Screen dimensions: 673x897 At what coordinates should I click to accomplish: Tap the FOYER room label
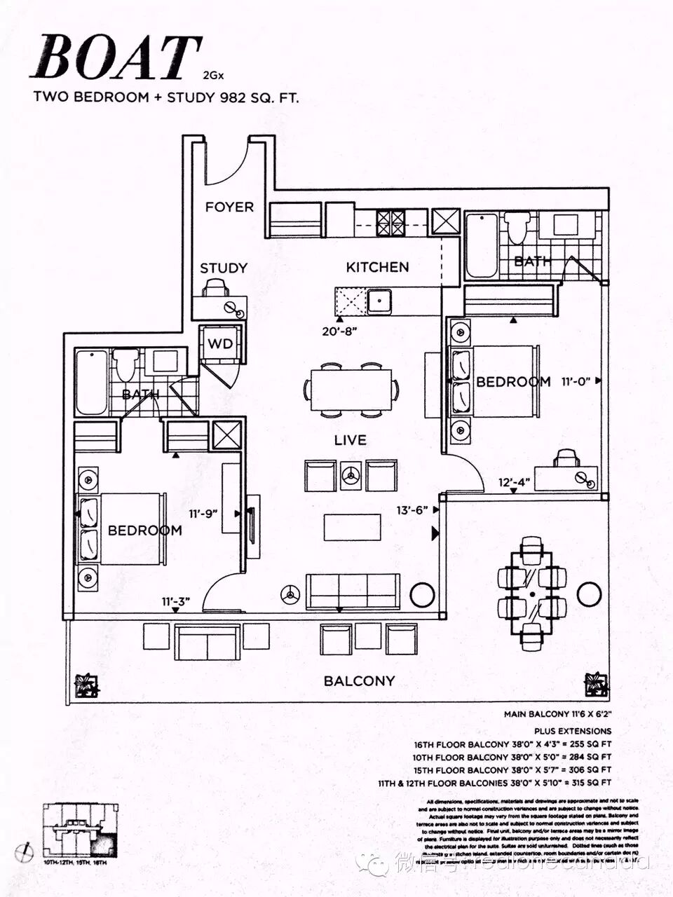click(229, 207)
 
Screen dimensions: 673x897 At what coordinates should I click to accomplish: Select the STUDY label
click(224, 268)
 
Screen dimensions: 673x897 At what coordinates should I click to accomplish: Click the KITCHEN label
click(377, 267)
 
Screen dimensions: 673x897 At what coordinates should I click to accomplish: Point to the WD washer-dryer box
click(219, 345)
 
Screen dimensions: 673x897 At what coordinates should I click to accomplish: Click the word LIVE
click(350, 440)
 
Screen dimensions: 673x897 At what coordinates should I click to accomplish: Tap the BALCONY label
click(359, 680)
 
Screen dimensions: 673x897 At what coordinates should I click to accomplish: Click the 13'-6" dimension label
click(413, 511)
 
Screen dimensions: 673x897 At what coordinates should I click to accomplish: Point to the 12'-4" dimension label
click(515, 483)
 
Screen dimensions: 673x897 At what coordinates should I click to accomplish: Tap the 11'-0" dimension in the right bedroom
click(576, 382)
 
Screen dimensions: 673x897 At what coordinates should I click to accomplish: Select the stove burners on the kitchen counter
click(390, 223)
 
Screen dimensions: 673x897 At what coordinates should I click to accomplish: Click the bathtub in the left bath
click(92, 382)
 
